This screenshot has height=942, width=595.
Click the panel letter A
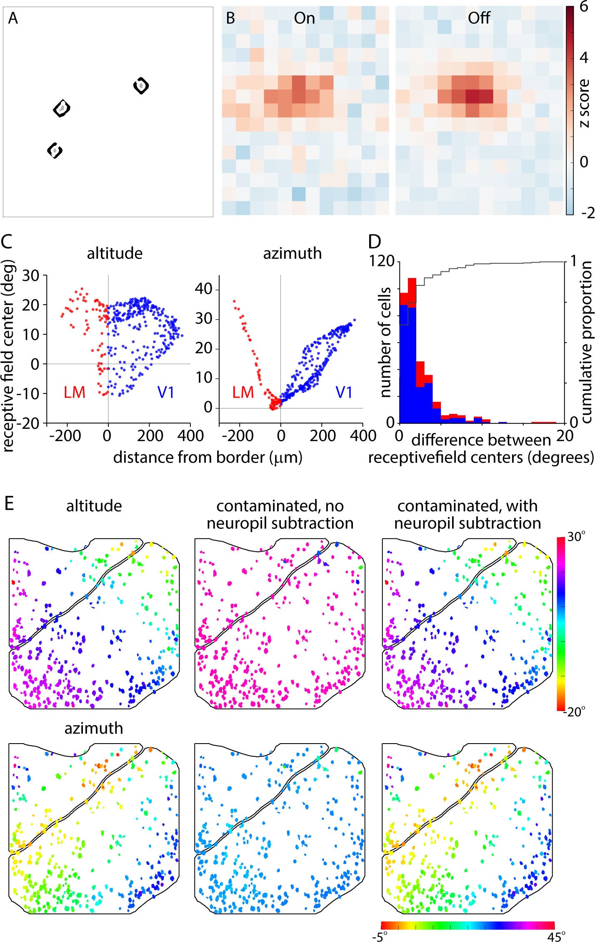[x=13, y=18]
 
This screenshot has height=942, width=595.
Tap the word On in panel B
[x=304, y=18]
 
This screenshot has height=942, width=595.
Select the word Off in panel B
[x=479, y=18]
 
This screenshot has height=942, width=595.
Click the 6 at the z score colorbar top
[x=584, y=7]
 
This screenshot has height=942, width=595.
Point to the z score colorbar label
[x=584, y=103]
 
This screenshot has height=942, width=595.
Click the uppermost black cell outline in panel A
[x=141, y=85]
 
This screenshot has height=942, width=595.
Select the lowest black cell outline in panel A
[x=55, y=150]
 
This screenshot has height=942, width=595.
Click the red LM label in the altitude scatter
[x=74, y=392]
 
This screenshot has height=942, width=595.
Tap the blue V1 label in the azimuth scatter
[x=344, y=392]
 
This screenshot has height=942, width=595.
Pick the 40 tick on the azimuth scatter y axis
[x=204, y=288]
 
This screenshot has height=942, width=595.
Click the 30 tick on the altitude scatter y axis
[x=30, y=276]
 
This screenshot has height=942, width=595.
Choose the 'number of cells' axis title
[x=385, y=342]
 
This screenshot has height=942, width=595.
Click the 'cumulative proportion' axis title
[x=586, y=342]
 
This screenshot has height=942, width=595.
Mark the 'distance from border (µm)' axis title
[x=207, y=457]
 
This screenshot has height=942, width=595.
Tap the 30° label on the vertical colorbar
[x=577, y=537]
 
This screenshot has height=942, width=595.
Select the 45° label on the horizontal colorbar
[x=557, y=937]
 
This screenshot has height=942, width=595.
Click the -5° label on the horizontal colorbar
[x=380, y=937]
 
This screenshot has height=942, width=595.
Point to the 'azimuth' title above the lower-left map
[x=94, y=728]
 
